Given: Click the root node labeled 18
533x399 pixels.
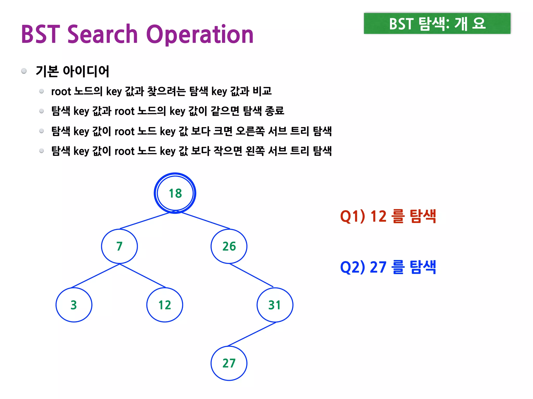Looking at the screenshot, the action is [x=175, y=193].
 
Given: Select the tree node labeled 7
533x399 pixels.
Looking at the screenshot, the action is [x=119, y=246].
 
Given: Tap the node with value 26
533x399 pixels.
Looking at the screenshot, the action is [x=229, y=246].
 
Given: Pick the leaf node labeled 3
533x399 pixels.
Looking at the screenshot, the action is [x=74, y=305].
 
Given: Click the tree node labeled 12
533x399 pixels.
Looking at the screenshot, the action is [x=165, y=305].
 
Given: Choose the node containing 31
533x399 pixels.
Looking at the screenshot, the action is [x=275, y=305].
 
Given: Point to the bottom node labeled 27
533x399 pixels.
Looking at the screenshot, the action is [x=229, y=363].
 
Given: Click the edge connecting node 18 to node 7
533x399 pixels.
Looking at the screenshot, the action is [x=145, y=221].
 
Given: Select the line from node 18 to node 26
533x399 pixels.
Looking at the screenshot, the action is [x=206, y=221].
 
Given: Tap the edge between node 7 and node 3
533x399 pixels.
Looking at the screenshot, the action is [x=96, y=276].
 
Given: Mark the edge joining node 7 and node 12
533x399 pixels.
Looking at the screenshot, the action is [x=142, y=276].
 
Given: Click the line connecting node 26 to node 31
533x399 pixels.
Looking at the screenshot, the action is [x=251, y=275].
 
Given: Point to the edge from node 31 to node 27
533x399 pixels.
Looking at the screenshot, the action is [x=252, y=334].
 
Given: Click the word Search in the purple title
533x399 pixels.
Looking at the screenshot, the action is [x=103, y=34].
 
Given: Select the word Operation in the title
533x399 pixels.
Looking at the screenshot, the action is [x=200, y=35].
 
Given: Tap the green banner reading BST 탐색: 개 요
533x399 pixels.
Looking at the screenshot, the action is [x=437, y=23].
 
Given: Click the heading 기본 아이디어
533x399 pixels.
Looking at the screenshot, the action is [x=72, y=71].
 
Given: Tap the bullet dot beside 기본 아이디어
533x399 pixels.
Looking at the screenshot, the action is [x=24, y=71].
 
